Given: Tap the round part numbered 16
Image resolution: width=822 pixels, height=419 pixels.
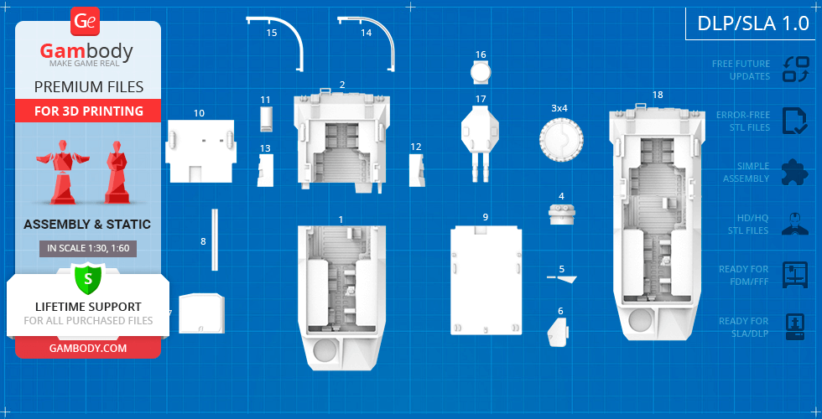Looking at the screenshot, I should [x=481, y=73].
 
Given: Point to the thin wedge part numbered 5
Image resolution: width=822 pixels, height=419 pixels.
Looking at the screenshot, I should [x=557, y=333].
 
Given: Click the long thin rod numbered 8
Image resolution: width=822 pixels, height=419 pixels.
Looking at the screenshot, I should [x=214, y=240].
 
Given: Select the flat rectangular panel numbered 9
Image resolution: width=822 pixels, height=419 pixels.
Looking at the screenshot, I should [x=485, y=279].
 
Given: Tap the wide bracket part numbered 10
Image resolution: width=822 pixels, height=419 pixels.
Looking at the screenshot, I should [x=200, y=151].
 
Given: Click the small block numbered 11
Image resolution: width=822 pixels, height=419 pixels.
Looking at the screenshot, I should [x=266, y=119].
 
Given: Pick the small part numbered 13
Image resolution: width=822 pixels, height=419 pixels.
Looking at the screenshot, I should [x=265, y=171].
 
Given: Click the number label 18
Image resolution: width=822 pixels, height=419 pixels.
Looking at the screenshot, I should [x=658, y=95].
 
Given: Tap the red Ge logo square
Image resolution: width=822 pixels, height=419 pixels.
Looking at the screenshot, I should [x=86, y=21].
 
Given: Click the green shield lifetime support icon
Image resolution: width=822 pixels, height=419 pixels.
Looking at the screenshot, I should [x=87, y=277].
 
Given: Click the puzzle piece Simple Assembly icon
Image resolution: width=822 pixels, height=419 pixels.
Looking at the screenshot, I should [x=794, y=172].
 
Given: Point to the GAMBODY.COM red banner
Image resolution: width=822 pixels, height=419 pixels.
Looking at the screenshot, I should [x=87, y=348].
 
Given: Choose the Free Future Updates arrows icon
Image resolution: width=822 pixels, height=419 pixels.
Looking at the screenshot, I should [x=794, y=69].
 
